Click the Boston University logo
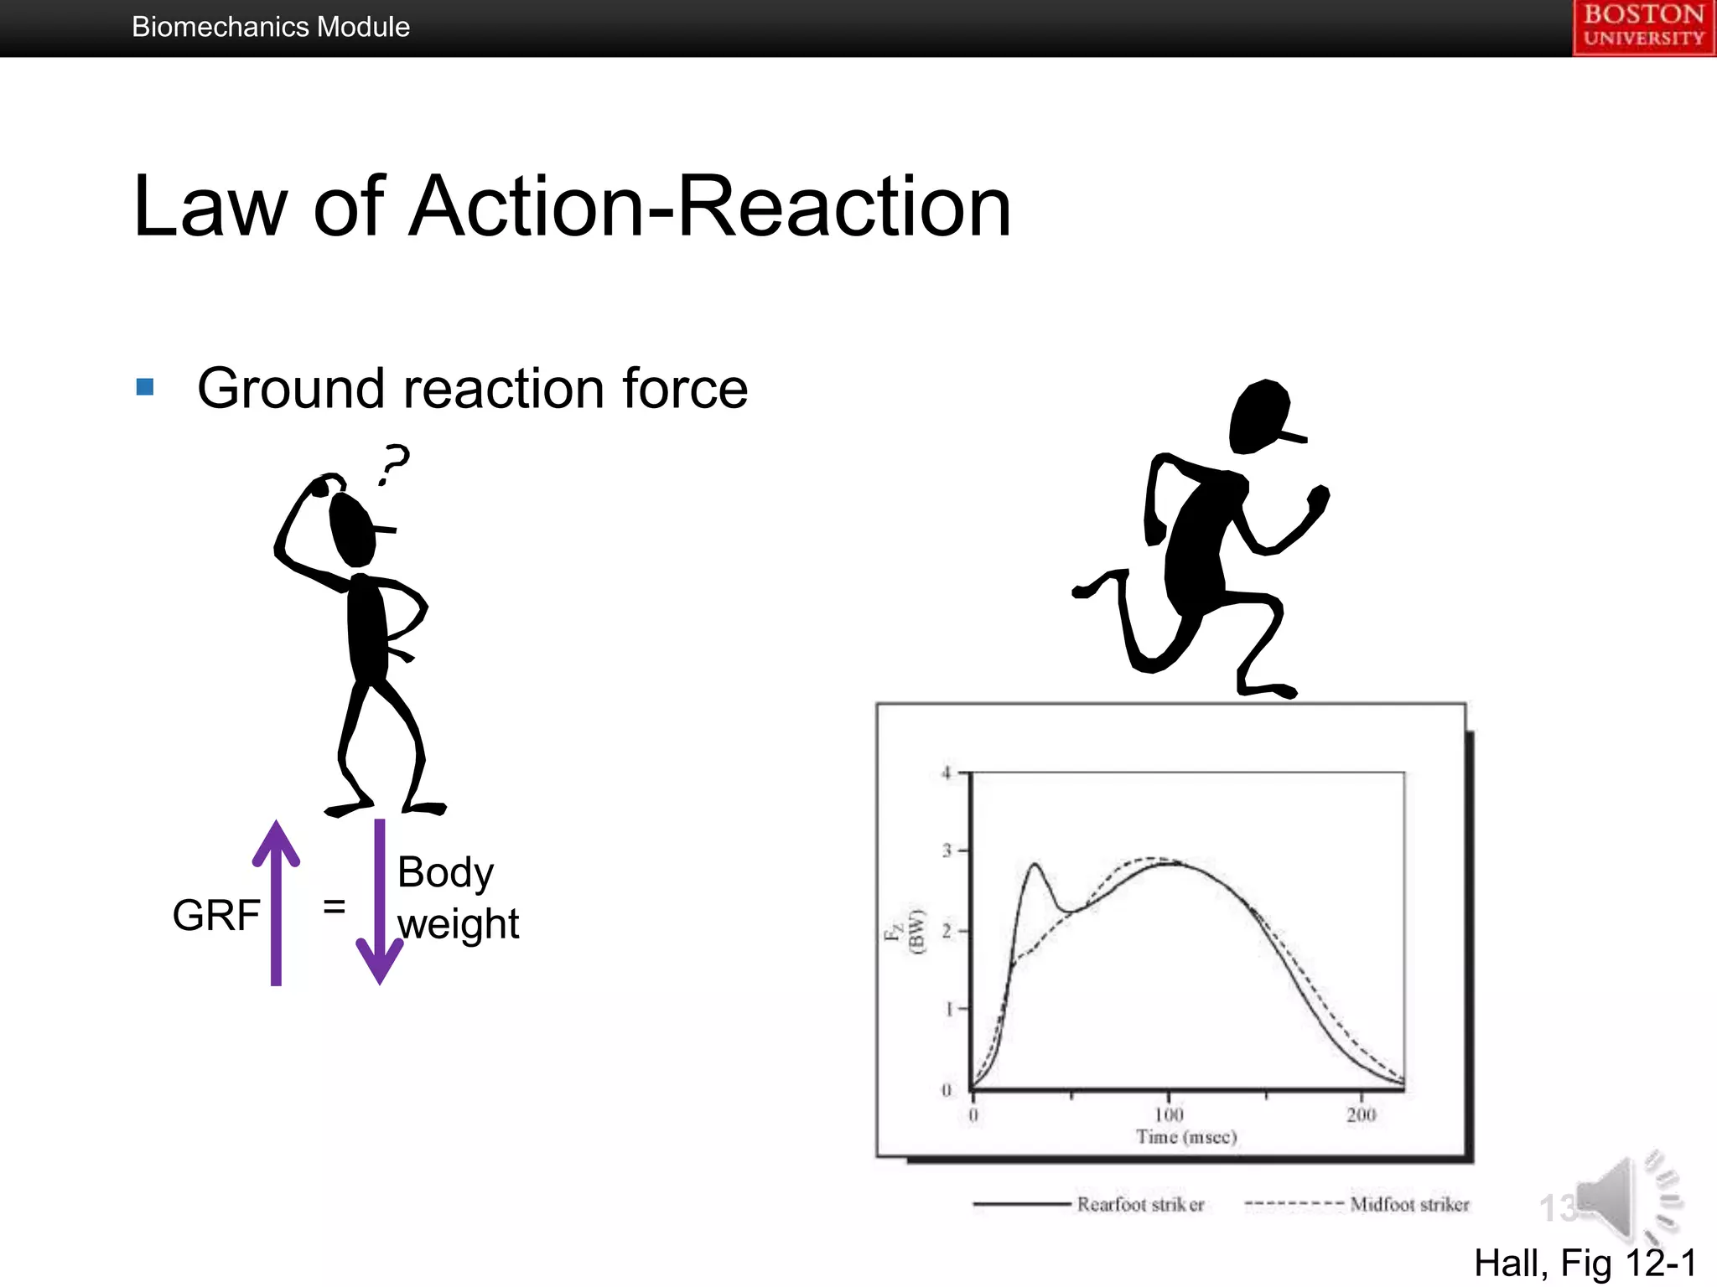1643,27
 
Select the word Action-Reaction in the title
709,206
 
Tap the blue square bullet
145,386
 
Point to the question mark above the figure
394,463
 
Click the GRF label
215,914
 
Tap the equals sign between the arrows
334,906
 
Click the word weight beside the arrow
458,924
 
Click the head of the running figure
1259,416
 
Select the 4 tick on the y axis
947,773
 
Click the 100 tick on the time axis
1169,1114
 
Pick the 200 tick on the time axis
1362,1114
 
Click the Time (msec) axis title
1186,1137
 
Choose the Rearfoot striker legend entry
1140,1204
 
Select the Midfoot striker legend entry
1409,1204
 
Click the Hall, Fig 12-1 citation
1585,1263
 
